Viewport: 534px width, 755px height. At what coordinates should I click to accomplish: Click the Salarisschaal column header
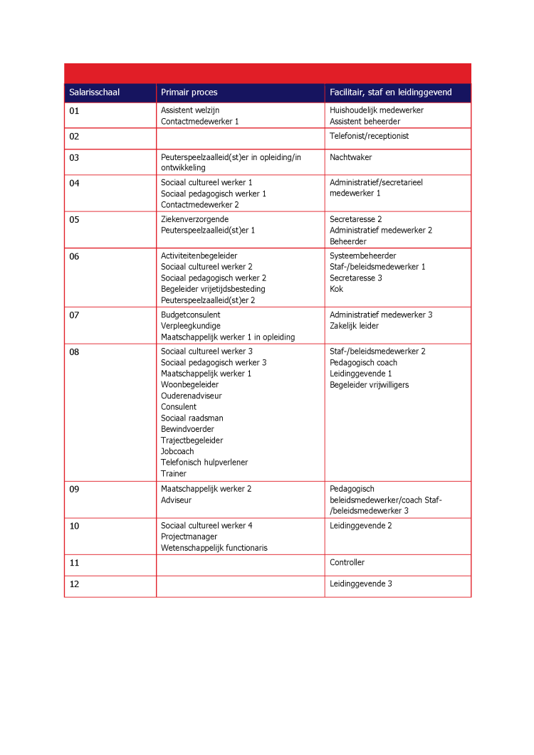94,93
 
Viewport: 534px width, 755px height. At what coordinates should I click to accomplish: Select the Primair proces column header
189,93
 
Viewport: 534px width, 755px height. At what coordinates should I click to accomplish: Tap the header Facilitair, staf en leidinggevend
390,93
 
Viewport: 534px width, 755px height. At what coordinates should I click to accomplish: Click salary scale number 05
75,219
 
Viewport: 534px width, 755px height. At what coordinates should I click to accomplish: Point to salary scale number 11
75,563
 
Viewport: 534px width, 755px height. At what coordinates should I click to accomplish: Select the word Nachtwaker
350,157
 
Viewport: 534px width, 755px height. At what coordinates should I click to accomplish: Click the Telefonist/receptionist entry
369,136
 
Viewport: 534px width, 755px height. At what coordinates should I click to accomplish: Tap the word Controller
347,562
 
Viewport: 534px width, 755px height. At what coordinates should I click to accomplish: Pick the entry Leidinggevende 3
360,584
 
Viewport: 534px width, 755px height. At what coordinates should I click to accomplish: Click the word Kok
336,289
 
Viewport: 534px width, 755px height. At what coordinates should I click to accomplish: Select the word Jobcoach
177,451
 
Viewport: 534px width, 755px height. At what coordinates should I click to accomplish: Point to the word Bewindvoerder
187,429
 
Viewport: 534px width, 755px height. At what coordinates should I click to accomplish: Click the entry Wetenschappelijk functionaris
214,548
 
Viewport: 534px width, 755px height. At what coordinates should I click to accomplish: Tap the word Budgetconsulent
190,315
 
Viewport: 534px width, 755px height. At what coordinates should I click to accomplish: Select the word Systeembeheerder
362,255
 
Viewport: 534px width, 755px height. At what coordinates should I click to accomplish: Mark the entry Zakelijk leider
354,326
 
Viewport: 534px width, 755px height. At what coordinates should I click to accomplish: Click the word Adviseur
176,500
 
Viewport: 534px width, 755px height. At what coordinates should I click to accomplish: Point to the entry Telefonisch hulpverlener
204,463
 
